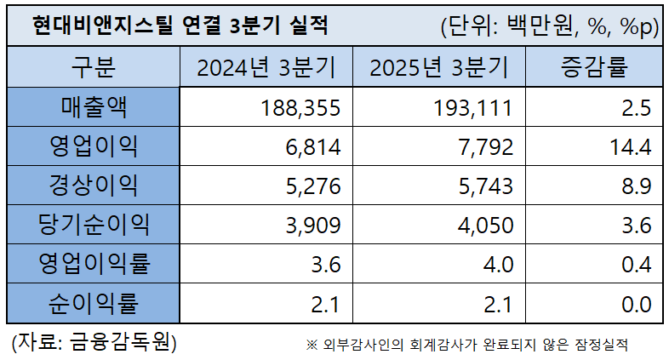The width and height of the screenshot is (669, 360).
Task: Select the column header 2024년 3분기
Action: click(266, 67)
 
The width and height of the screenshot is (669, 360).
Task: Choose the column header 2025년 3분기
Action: click(437, 67)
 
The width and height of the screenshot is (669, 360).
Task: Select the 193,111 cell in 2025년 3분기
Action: click(473, 108)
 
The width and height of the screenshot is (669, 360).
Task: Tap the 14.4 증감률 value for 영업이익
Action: click(631, 147)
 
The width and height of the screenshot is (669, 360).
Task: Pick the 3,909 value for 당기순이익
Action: click(312, 226)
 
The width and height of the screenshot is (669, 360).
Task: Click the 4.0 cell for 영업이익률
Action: click(497, 265)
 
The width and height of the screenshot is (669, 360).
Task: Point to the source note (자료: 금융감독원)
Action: click(94, 342)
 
